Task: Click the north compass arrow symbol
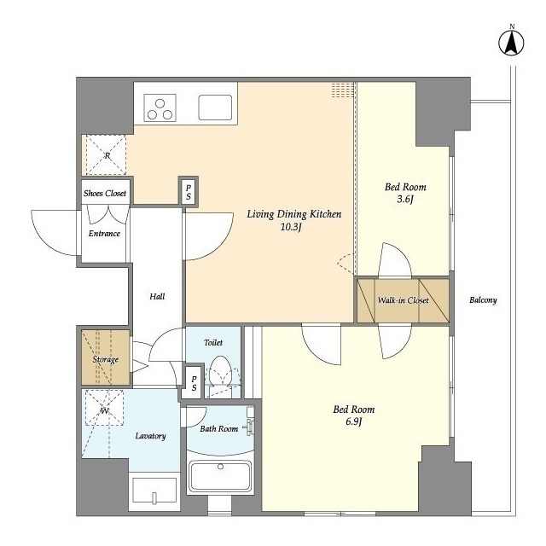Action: click(511, 44)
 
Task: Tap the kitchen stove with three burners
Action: click(160, 108)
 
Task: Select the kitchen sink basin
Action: click(215, 107)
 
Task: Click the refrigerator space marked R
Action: click(106, 155)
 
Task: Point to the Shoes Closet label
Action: click(105, 194)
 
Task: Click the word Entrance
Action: click(104, 233)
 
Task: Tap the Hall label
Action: click(157, 297)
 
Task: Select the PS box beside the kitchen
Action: click(189, 191)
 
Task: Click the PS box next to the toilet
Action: click(194, 383)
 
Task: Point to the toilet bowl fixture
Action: click(221, 371)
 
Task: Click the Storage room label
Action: click(106, 359)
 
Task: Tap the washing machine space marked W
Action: click(104, 408)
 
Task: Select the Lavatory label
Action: click(150, 436)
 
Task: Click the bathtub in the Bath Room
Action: click(220, 476)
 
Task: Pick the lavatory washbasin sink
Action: click(154, 491)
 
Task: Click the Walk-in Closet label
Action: click(403, 300)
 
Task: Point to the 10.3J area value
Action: click(291, 228)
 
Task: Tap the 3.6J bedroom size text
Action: click(405, 200)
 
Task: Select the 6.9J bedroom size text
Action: click(354, 421)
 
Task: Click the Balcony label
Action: click(483, 300)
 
